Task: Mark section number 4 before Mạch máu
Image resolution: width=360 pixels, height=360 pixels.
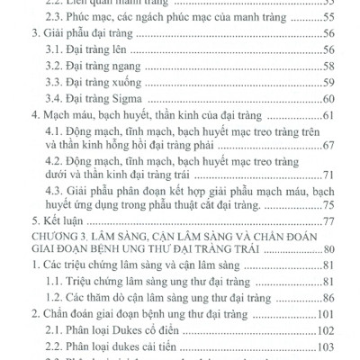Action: click(x=35, y=116)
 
